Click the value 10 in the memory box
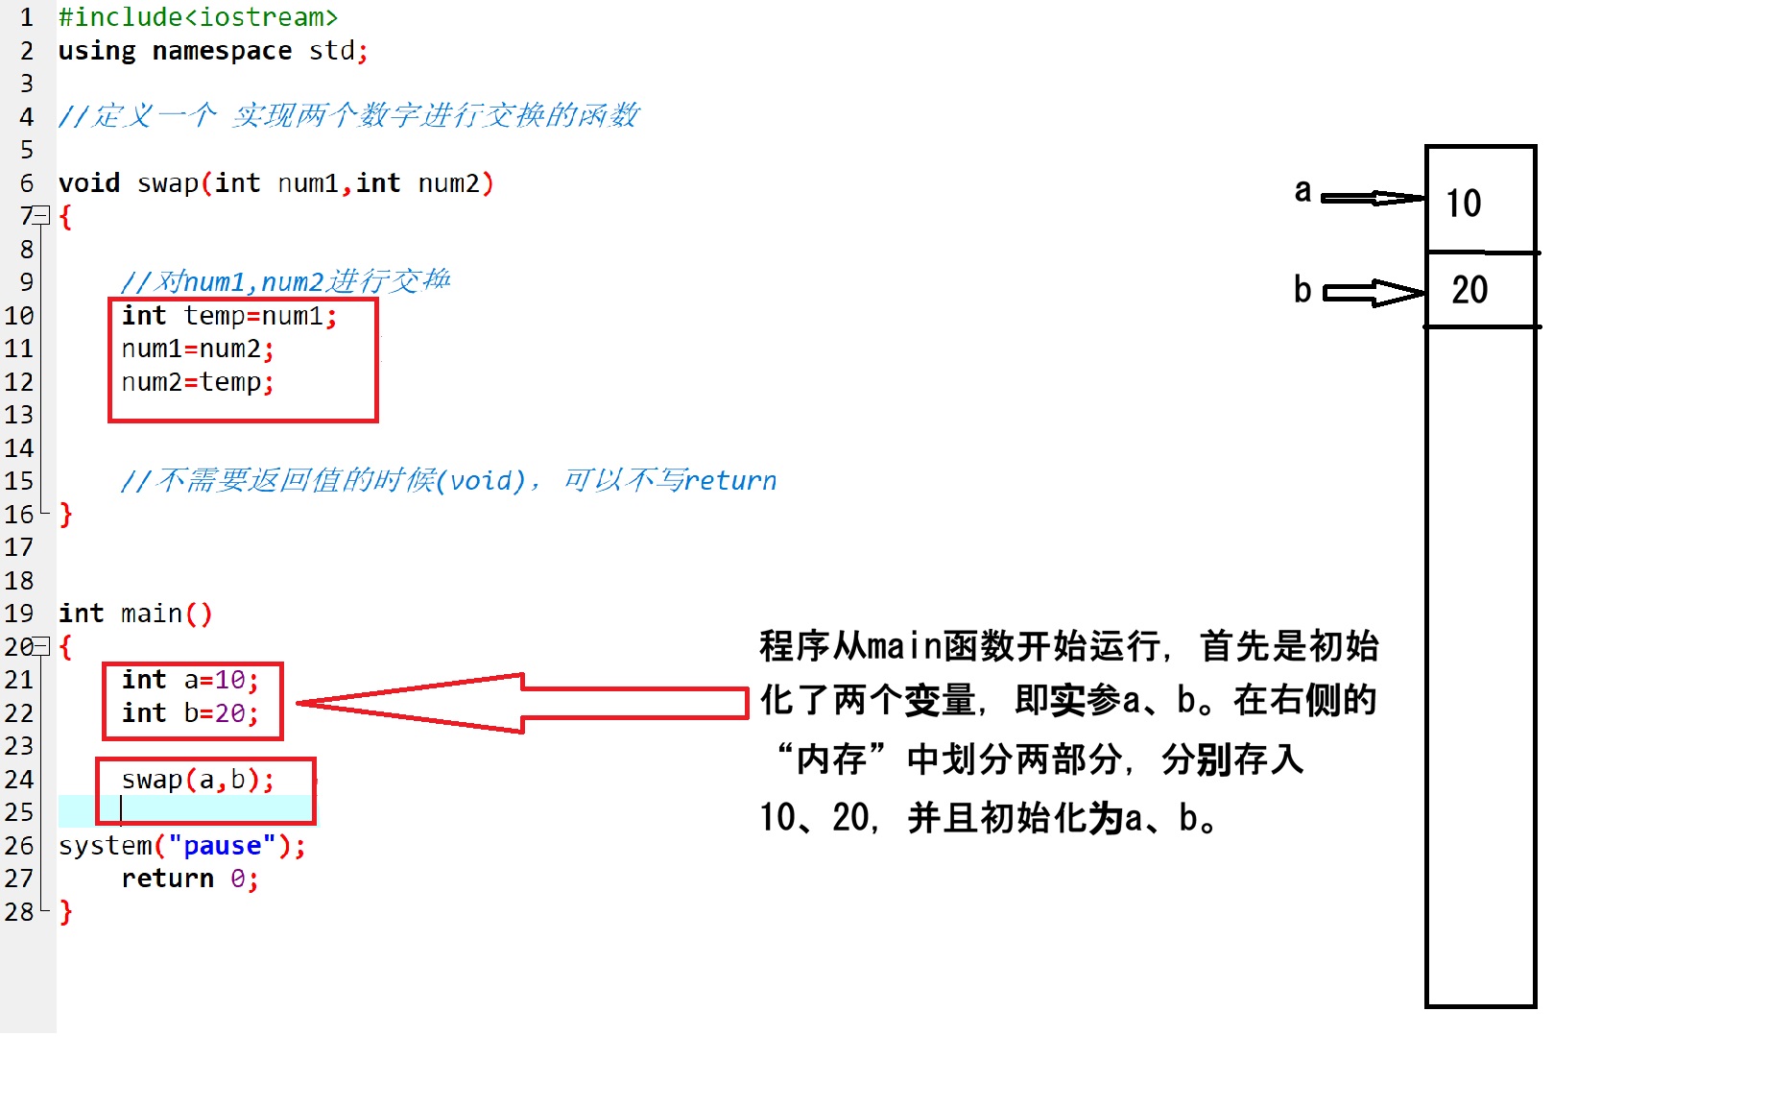pos(1464,204)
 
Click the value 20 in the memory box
pos(1469,290)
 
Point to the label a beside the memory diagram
pos(1302,191)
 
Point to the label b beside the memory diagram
pos(1302,289)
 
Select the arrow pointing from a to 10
pos(1373,198)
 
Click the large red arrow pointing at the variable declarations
pos(523,703)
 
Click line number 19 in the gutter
pos(19,614)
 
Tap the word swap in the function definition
pos(168,183)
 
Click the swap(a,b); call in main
pos(198,780)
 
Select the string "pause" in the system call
pos(222,846)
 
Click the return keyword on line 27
pos(168,879)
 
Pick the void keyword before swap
pos(89,183)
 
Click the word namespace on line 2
pos(222,51)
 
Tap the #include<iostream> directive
pos(198,17)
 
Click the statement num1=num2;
pos(198,349)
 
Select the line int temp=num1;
pos(229,316)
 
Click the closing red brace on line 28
pos(65,912)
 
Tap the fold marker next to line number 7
pos(41,215)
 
